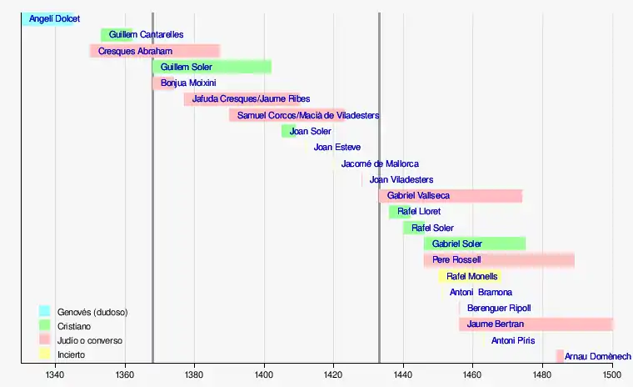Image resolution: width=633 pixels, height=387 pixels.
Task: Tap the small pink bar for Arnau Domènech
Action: (560, 356)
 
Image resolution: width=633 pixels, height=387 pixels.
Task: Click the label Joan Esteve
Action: (337, 147)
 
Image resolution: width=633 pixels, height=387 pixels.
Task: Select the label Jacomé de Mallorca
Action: (380, 163)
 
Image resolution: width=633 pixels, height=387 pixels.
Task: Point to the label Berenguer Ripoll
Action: (499, 308)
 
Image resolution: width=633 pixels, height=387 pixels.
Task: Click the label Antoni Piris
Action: (513, 340)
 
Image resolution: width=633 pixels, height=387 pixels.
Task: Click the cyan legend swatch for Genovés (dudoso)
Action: (45, 311)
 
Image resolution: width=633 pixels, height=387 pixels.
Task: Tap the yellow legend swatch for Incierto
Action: (45, 354)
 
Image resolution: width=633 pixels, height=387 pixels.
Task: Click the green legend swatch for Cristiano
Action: (45, 325)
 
